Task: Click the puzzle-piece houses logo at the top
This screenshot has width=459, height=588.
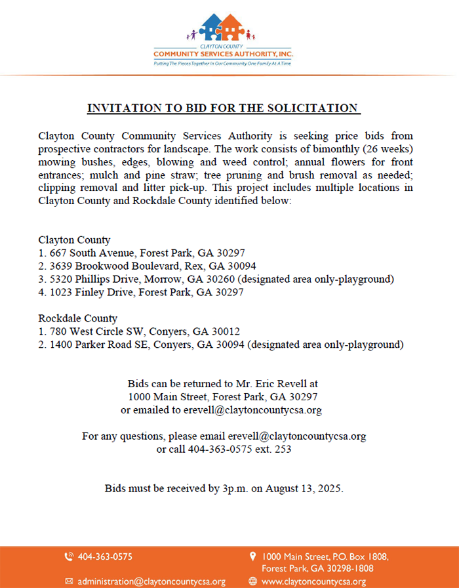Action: click(x=222, y=28)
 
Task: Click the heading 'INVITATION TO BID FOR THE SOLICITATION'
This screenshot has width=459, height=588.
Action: click(x=224, y=108)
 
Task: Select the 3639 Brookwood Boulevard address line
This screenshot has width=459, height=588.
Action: click(x=147, y=266)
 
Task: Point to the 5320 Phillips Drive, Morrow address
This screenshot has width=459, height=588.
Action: click(x=216, y=279)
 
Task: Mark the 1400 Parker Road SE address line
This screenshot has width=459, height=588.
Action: click(x=221, y=344)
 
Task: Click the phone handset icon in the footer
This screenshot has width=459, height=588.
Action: click(x=69, y=557)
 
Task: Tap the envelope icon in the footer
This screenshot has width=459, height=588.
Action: click(x=69, y=581)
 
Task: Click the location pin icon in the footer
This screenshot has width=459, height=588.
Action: click(x=252, y=556)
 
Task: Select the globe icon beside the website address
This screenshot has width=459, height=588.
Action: click(x=252, y=581)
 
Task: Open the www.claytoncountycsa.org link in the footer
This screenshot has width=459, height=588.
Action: click(x=313, y=581)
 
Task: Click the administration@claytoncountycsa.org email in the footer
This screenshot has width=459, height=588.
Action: click(x=151, y=581)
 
